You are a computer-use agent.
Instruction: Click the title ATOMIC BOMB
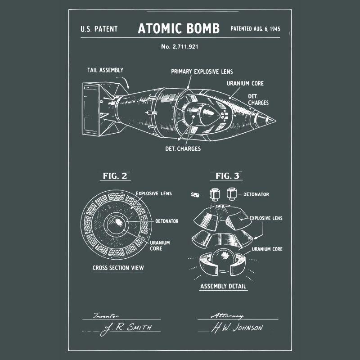coord(179,29)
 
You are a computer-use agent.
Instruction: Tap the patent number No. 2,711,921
coord(179,46)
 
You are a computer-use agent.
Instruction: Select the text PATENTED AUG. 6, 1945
coord(255,29)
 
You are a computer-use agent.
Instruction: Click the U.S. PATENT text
coord(99,29)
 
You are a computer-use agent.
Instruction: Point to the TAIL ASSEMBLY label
coord(105,70)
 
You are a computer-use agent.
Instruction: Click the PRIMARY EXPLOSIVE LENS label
coord(202,72)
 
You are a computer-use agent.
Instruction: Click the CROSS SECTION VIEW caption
coord(118,268)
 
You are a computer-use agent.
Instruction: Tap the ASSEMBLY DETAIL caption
coord(223,286)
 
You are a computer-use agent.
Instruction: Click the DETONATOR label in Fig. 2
coord(167,221)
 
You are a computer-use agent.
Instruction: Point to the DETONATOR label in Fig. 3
coord(256,194)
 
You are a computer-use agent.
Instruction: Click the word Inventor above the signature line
coord(104,316)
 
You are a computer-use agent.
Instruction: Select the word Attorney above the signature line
coord(227,316)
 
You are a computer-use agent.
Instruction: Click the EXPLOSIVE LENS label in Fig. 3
coord(266,218)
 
